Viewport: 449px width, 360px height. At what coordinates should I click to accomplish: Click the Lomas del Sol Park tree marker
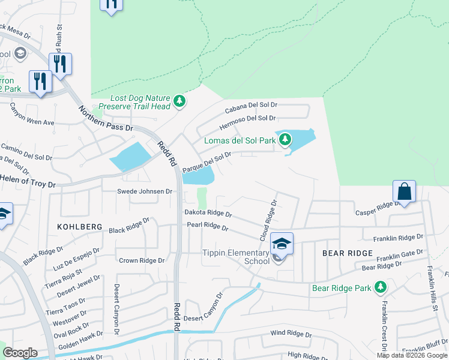pyautogui.click(x=286, y=140)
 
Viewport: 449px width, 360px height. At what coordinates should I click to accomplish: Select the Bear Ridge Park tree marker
pyautogui.click(x=380, y=287)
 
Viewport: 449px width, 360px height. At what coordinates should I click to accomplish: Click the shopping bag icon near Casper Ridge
pyautogui.click(x=405, y=192)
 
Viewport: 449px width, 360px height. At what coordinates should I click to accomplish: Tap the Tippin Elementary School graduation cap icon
pyautogui.click(x=281, y=244)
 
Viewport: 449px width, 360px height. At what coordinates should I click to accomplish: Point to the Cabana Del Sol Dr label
pyautogui.click(x=251, y=107)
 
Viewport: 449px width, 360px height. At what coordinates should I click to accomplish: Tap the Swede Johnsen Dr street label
pyautogui.click(x=144, y=191)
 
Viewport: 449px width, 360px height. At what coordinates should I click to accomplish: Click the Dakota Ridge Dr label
pyautogui.click(x=208, y=214)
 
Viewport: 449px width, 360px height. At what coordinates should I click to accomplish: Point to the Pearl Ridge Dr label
pyautogui.click(x=208, y=228)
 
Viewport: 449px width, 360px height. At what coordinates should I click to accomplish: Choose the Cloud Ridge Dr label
pyautogui.click(x=268, y=220)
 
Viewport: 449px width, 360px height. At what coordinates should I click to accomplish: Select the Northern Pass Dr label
pyautogui.click(x=106, y=118)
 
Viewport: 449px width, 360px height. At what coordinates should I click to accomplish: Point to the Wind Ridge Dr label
pyautogui.click(x=291, y=334)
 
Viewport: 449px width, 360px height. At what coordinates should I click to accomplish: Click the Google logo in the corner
pyautogui.click(x=20, y=352)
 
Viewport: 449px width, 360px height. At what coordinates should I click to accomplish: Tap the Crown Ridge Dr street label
pyautogui.click(x=142, y=260)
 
